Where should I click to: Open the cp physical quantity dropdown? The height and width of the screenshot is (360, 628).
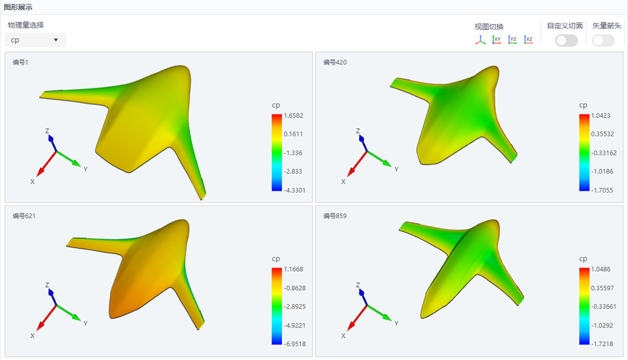point(35,40)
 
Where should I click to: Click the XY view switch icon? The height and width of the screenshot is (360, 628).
point(497,40)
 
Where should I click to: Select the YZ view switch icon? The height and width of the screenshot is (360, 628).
point(512,40)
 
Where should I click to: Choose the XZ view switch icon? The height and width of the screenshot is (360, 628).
point(528,40)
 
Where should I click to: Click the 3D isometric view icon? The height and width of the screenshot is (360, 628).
point(480,40)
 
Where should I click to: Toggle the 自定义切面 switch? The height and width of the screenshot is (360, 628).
point(567,40)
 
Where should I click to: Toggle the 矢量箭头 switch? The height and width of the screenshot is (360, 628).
point(603,40)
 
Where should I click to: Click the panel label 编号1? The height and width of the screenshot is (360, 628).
point(20,62)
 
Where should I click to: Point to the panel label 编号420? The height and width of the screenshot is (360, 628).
point(335,62)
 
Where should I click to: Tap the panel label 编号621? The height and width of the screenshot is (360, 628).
point(24,216)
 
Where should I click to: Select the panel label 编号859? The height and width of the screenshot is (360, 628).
point(335,216)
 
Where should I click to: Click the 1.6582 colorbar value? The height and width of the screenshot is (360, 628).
point(294,116)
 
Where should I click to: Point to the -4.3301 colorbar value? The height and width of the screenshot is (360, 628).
point(295,191)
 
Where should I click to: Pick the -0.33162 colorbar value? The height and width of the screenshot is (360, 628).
point(604,152)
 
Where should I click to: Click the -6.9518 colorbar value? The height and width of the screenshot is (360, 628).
point(295,344)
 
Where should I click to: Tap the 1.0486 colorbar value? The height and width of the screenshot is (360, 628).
point(600,269)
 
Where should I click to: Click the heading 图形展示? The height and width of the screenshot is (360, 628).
point(18,7)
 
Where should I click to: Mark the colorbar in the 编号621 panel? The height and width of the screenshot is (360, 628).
point(277,306)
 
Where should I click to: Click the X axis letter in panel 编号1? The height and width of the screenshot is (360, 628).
point(32,181)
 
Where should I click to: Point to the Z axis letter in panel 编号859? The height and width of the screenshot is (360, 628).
point(357,284)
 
